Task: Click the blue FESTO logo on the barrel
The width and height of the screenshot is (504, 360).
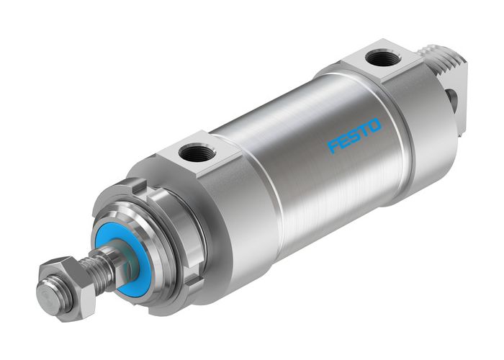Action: pos(355,136)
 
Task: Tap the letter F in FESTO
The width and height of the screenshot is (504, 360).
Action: pos(333,147)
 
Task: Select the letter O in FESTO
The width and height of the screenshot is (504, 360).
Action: pos(375,125)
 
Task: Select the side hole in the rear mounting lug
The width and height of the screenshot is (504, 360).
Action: pos(452,99)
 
